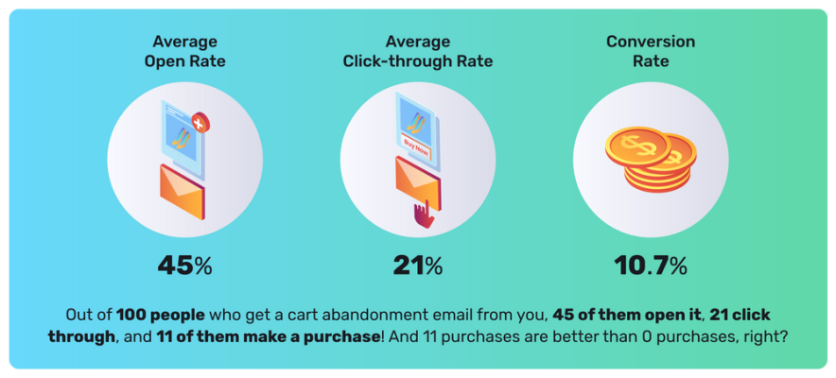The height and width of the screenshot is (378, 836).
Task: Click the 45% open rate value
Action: coord(184,266)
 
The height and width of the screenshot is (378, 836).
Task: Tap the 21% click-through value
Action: coord(418,266)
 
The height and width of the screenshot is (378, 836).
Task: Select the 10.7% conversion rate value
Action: coord(650,266)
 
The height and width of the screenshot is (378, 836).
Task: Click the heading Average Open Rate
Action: coord(184,52)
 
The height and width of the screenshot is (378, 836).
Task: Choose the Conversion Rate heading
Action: coord(651,52)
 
